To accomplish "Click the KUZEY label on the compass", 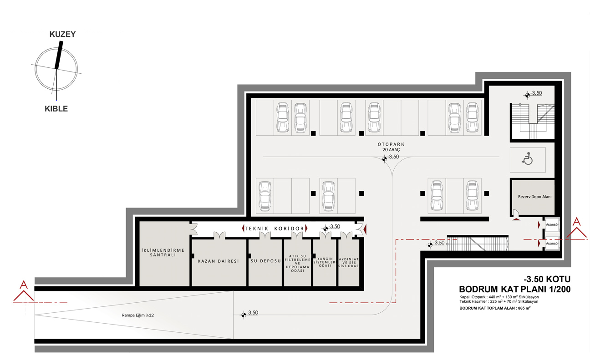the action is [x=63, y=34].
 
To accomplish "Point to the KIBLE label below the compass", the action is [x=56, y=109].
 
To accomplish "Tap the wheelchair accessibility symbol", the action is [x=527, y=158].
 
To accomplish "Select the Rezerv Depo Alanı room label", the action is [x=534, y=197].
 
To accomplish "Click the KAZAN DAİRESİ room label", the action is [x=219, y=261].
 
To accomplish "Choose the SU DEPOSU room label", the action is [x=266, y=261].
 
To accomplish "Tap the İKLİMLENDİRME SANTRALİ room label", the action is [x=163, y=253].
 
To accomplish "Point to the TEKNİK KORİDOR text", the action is [x=275, y=229].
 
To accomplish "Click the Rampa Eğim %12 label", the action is [x=138, y=315].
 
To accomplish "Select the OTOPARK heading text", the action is [x=391, y=144].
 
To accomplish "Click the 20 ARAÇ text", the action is [x=391, y=150].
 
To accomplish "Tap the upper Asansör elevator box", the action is [x=552, y=224].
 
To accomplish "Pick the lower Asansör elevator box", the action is [x=552, y=244].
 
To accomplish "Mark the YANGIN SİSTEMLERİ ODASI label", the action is [x=325, y=262].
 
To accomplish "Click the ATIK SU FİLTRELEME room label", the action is [x=298, y=263].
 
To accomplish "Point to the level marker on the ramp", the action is [x=244, y=315].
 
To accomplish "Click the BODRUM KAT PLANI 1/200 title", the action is [x=515, y=290].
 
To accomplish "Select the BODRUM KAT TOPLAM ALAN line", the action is [x=495, y=308].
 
